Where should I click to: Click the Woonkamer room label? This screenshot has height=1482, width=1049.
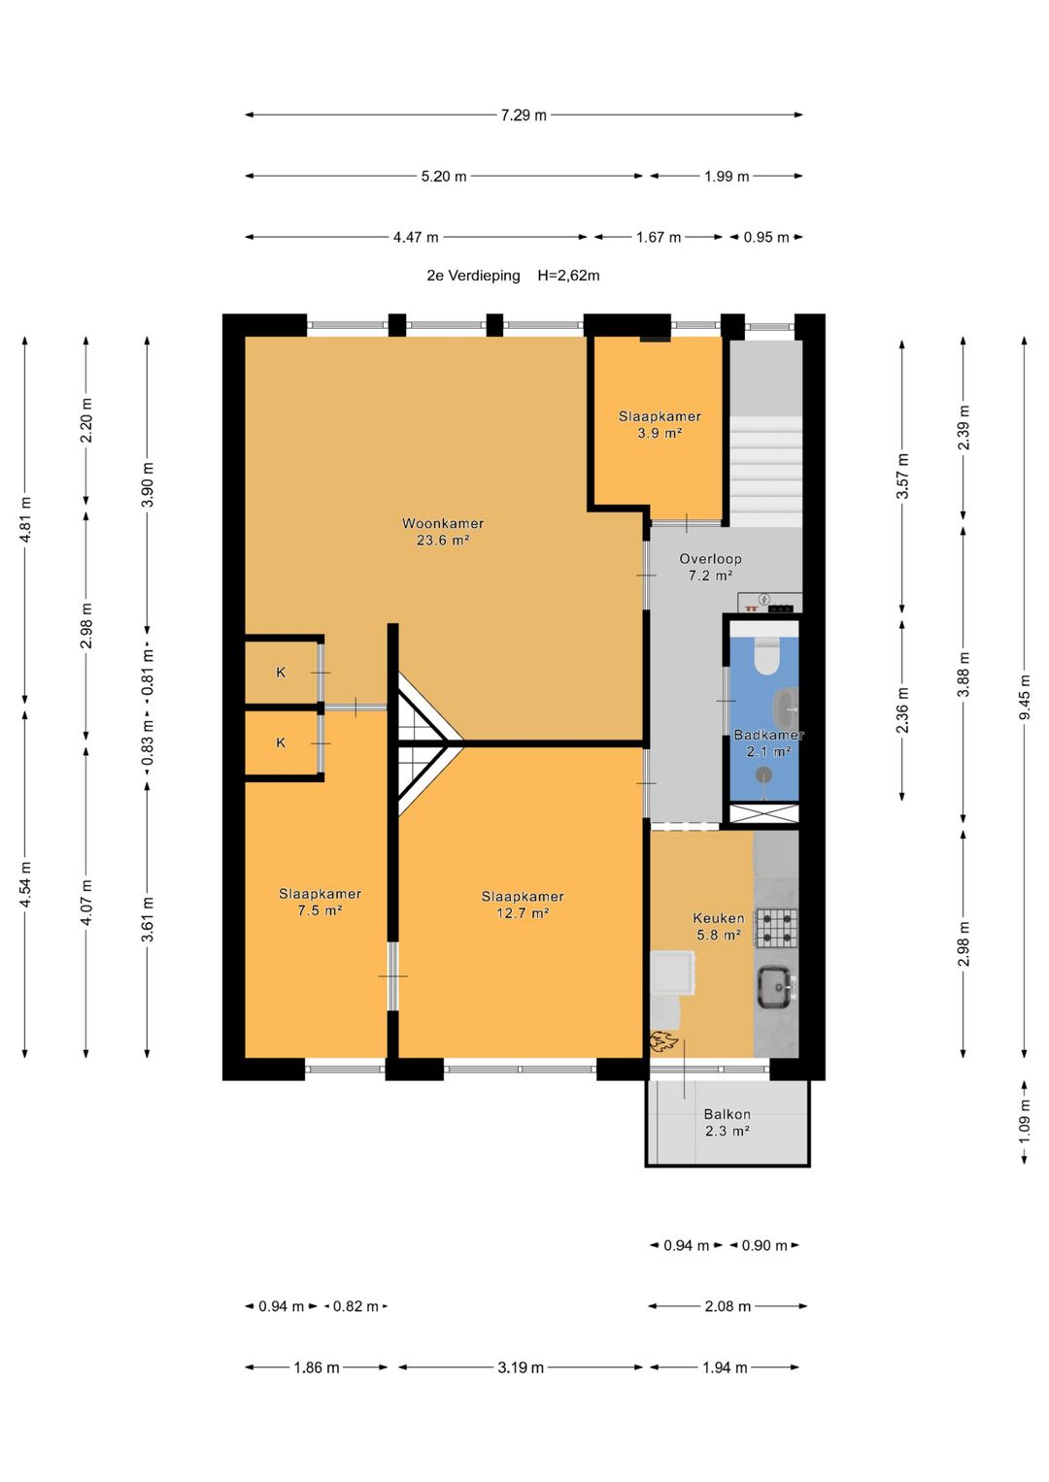[442, 523]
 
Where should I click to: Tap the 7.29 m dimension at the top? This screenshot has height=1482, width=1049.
[524, 115]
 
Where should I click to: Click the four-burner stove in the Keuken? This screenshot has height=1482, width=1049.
[777, 928]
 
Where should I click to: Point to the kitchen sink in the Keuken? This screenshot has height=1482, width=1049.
[777, 988]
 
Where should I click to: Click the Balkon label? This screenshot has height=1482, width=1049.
[728, 1115]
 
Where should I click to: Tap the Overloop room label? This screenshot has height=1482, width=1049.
[710, 559]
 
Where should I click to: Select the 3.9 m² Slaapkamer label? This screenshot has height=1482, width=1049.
[660, 425]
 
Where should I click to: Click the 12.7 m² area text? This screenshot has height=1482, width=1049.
[524, 913]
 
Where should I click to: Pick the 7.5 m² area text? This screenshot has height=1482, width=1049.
[320, 910]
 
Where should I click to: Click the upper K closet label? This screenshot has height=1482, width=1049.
[281, 673]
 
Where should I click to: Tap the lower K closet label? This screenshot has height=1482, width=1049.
[281, 743]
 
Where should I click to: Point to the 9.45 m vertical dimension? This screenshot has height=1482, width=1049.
[1025, 698]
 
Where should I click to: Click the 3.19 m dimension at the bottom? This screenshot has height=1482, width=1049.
[521, 1367]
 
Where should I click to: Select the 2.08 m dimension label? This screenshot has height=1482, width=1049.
[728, 1306]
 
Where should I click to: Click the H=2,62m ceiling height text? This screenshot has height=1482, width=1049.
[568, 276]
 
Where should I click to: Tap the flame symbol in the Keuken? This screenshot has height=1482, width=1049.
[664, 1040]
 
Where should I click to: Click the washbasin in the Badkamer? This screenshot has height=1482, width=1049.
[788, 708]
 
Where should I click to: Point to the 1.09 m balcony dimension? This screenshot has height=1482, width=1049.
[1025, 1120]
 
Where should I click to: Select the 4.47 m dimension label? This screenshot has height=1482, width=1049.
[416, 238]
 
